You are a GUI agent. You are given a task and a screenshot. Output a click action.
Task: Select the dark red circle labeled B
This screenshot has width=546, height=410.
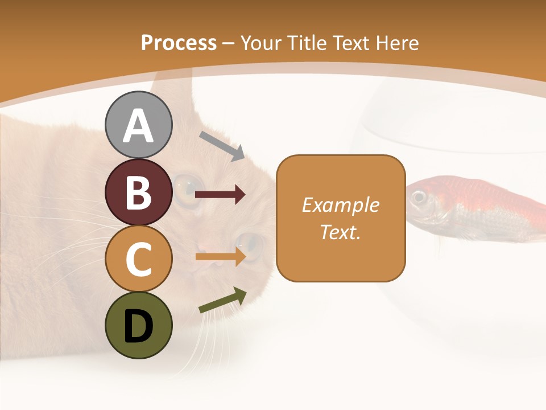click(x=139, y=192)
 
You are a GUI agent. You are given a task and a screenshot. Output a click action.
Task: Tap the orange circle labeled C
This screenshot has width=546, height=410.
click(x=139, y=259)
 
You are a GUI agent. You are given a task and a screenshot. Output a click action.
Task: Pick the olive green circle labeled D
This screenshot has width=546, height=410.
click(x=139, y=325)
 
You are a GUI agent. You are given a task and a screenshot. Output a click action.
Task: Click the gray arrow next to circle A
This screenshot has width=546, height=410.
click(x=222, y=145)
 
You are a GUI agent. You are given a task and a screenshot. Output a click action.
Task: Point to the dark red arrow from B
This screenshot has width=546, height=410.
click(x=220, y=195)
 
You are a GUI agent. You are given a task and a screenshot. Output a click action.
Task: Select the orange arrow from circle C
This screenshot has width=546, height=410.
click(x=220, y=257)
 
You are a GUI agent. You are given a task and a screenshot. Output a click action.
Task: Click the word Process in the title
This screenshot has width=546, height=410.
click(x=179, y=43)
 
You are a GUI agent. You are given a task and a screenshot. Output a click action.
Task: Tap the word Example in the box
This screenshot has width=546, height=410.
click(x=341, y=204)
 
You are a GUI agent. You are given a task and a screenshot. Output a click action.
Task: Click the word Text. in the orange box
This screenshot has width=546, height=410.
click(x=341, y=232)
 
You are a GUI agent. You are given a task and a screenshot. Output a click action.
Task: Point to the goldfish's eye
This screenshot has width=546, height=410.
click(x=419, y=197)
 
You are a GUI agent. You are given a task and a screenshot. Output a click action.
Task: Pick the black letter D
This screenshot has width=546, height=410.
click(x=139, y=326)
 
